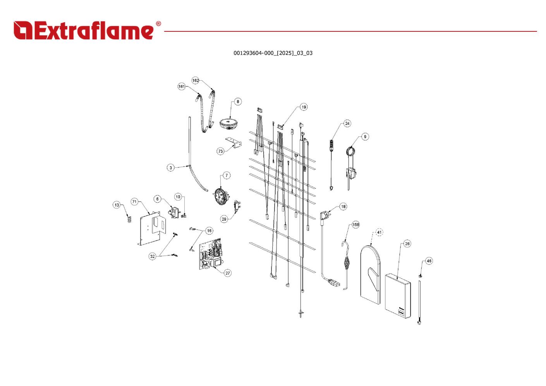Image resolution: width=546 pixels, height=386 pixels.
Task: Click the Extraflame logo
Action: coord(87,30)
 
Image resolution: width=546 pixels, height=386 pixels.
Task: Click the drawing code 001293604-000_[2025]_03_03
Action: coord(273,53)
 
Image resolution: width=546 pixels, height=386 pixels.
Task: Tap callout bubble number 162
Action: coord(196,80)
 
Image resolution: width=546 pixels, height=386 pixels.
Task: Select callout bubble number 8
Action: coord(238,102)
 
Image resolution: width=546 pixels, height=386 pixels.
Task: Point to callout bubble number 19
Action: coord(304,107)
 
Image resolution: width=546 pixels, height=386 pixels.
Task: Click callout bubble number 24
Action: coord(347,124)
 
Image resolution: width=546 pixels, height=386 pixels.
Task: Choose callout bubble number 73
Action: coord(220,151)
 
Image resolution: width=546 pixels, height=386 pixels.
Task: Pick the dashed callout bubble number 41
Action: coord(379,232)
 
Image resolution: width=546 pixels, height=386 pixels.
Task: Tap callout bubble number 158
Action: coord(355,224)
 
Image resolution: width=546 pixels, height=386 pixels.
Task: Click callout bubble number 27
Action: coord(228,273)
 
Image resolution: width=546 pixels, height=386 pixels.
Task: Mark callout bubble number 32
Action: coord(152,256)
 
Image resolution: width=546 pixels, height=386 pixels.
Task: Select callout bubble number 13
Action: coord(117,205)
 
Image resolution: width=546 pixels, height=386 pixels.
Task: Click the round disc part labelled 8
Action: coord(228,124)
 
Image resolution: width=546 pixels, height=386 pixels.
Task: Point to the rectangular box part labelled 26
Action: coord(398,296)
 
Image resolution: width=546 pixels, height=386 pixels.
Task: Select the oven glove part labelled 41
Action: coord(370,274)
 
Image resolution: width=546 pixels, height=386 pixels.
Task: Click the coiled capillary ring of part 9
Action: coord(351,151)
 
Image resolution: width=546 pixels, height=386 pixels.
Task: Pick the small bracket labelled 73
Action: coord(234,143)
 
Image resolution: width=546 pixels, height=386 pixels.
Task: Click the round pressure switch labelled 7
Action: coord(221,196)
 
